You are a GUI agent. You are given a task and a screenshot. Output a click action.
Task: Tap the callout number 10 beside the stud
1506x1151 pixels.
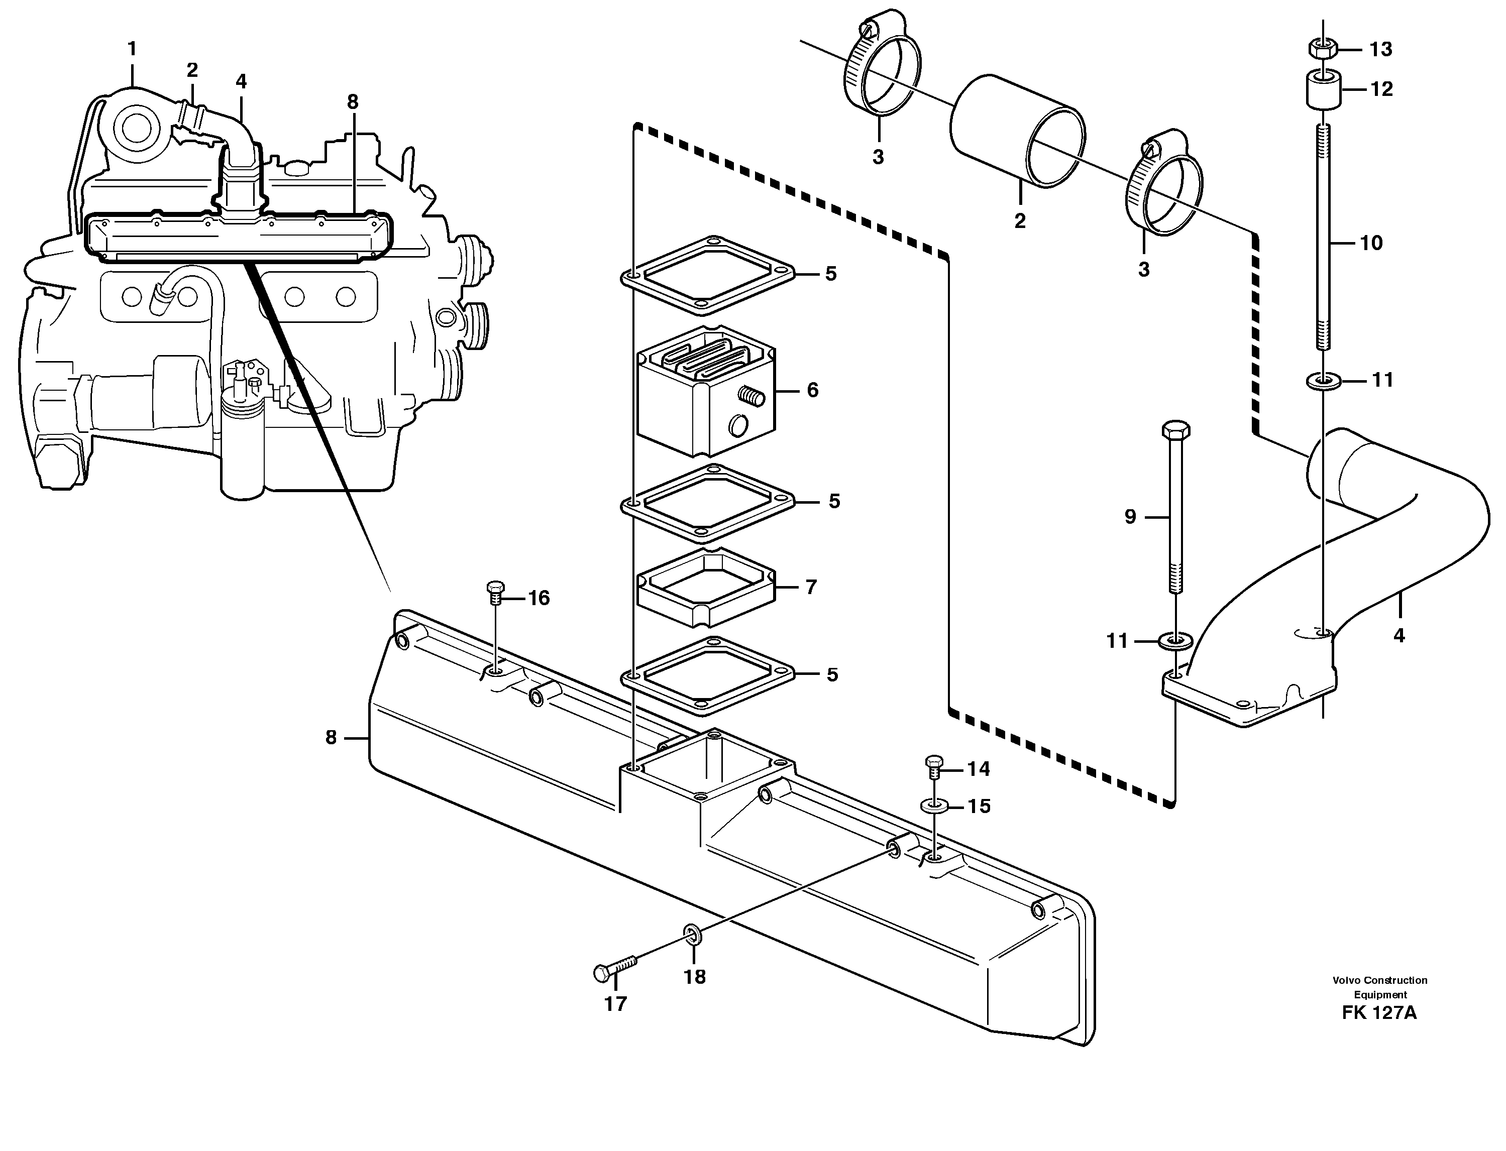pos(1371,243)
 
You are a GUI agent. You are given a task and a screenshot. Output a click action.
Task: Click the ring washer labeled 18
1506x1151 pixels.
pos(691,933)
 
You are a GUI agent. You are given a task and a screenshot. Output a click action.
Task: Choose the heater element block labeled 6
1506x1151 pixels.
pos(706,391)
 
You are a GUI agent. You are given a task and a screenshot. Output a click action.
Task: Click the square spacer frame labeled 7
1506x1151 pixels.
pos(706,588)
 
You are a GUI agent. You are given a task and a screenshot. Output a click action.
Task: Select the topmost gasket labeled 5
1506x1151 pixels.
pos(707,274)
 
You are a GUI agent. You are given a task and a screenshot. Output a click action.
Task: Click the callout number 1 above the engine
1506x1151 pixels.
pos(132,49)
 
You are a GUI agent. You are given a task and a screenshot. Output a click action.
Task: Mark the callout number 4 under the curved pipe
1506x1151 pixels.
pos(1399,636)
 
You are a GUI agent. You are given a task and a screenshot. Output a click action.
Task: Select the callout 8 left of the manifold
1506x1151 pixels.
pos(331,737)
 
